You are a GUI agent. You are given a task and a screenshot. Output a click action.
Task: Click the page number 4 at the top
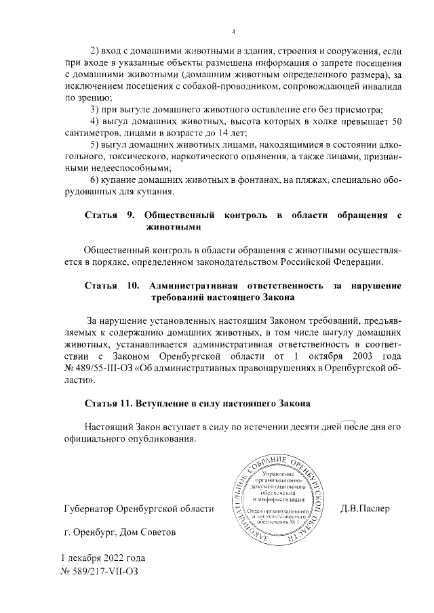tap(233, 30)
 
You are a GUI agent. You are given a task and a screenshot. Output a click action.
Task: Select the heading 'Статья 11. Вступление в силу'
tap(197, 404)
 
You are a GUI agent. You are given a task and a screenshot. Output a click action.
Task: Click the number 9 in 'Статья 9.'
tap(130, 215)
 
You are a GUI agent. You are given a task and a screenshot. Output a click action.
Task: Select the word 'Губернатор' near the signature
tap(87, 508)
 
